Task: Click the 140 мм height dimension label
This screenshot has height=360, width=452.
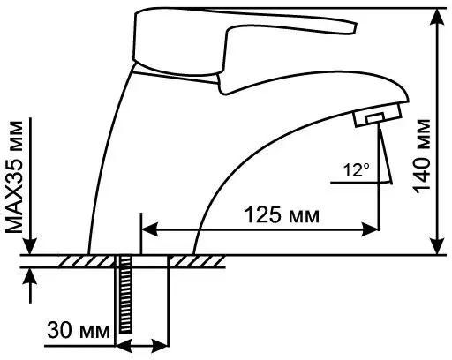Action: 423,156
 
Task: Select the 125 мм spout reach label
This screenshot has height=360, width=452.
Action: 282,215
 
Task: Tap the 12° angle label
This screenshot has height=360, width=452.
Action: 357,169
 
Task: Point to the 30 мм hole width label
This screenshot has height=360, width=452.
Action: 79,330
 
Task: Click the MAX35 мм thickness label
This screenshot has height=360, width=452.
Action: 14,176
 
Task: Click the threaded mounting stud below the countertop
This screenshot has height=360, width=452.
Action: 124,294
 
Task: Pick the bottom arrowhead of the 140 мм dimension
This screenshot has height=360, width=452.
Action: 438,245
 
